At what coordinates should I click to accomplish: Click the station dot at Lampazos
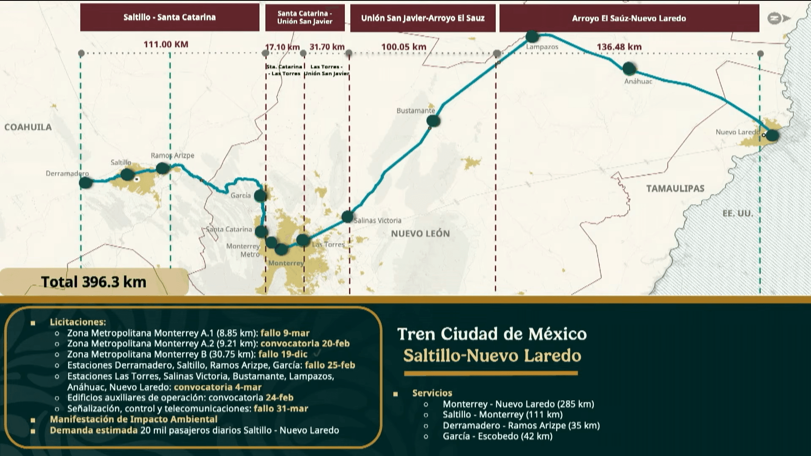pos(532,37)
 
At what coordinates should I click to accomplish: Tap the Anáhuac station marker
pos(629,68)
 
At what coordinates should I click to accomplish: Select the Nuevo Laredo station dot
pos(772,135)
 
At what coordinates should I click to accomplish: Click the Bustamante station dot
pos(433,121)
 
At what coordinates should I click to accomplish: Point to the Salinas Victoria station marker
pos(347,217)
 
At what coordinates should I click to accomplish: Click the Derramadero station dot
pos(85,183)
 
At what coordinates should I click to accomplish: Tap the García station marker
pos(260,195)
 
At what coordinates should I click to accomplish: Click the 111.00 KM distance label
pos(166,44)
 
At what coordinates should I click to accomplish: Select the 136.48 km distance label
pos(619,47)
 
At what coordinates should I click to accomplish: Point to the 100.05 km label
pos(404,47)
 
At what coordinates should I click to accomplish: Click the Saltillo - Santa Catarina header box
pos(169,17)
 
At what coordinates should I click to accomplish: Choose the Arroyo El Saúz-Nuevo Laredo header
pos(629,18)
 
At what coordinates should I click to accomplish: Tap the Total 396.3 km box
pos(94,282)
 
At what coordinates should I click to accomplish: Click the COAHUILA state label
pos(28,127)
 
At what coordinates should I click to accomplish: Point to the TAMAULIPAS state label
pos(675,188)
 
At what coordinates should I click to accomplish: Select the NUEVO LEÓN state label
pos(420,233)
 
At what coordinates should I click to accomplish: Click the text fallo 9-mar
pos(285,333)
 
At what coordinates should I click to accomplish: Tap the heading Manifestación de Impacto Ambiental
pos(134,419)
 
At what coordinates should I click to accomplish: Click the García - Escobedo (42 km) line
pos(497,436)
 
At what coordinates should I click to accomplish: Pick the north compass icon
pos(778,18)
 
